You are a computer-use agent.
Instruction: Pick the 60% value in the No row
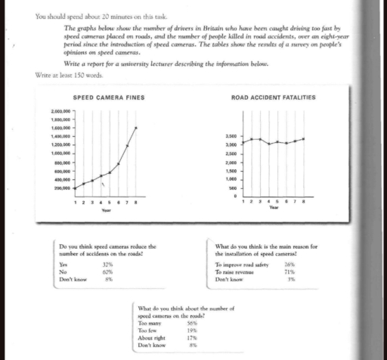pos(107,273)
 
